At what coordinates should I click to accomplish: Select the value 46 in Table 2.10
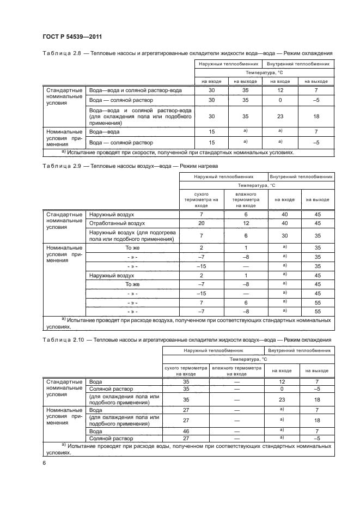click(186, 430)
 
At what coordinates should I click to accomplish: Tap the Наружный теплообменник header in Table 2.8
click(228, 64)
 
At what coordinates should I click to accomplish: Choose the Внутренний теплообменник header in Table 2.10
click(298, 350)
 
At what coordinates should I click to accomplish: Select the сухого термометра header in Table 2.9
click(201, 199)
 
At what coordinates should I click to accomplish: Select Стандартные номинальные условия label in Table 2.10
click(64, 388)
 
